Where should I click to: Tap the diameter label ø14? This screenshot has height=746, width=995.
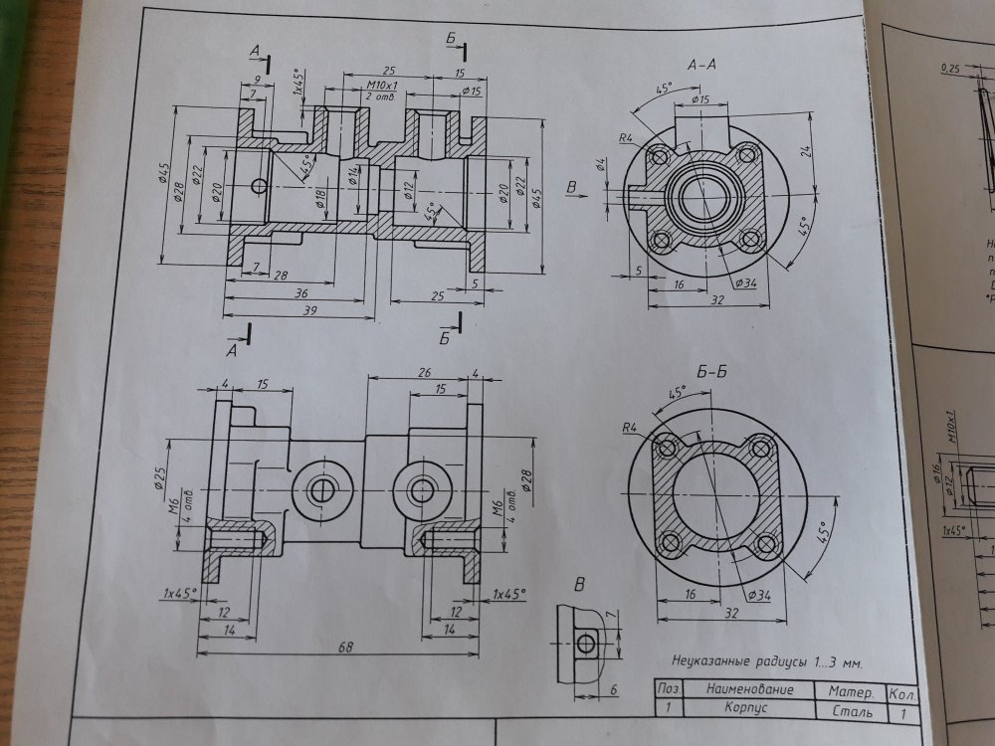pos(353,175)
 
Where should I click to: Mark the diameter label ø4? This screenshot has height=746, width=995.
pos(601,165)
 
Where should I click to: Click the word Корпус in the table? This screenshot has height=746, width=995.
pos(745,711)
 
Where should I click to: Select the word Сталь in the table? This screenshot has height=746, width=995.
pos(851,712)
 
